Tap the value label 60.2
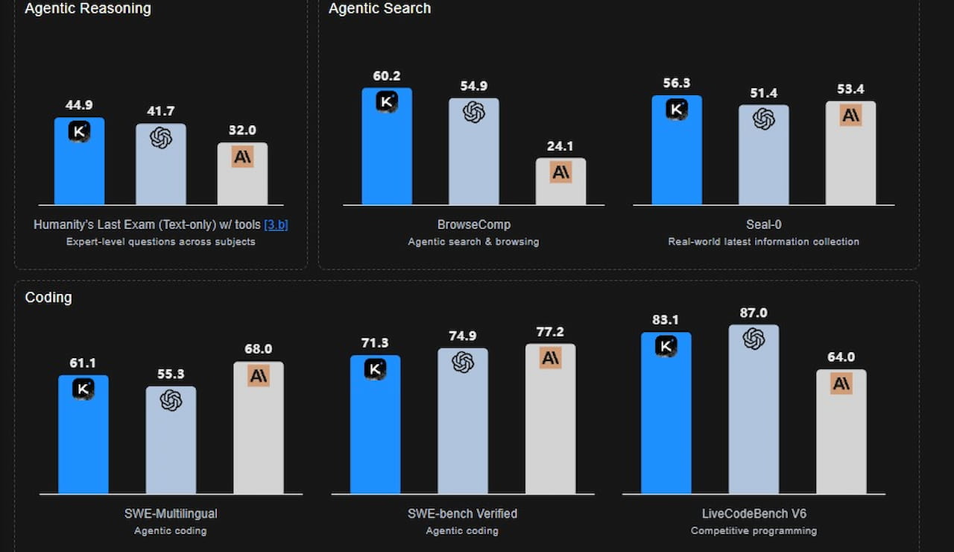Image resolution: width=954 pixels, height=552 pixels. [387, 75]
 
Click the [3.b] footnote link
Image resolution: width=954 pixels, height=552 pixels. [276, 225]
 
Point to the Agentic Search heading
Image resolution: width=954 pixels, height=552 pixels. [379, 9]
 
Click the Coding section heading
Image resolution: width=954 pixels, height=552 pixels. [48, 298]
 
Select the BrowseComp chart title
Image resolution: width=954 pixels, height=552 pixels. [473, 225]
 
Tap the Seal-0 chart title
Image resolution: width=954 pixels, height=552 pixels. [763, 225]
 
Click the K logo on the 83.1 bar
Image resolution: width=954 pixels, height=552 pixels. [666, 346]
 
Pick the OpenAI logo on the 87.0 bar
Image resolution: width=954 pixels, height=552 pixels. [754, 339]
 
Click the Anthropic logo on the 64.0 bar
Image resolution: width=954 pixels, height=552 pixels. [841, 384]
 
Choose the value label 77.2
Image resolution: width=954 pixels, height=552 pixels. [550, 331]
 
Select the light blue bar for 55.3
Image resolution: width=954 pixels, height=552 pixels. [171, 448]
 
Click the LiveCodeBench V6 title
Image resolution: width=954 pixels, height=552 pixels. [754, 514]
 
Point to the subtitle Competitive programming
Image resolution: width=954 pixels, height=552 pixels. [754, 531]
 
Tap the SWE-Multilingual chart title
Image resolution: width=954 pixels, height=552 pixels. [171, 514]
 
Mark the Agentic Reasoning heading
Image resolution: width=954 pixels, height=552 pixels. [87, 9]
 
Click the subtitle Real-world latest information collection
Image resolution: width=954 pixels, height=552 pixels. [763, 242]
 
